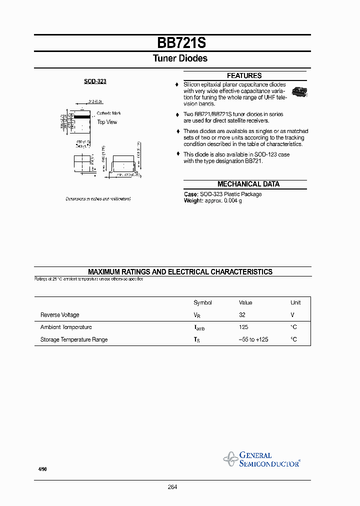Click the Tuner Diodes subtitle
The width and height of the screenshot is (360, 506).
pyautogui.click(x=180, y=58)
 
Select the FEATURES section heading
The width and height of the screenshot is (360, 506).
pyautogui.click(x=244, y=75)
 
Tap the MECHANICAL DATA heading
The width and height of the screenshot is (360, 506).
pyautogui.click(x=248, y=184)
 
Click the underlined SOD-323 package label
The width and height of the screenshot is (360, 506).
pyautogui.click(x=95, y=81)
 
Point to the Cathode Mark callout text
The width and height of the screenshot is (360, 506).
pyautogui.click(x=109, y=113)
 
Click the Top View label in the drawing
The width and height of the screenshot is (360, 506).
pyautogui.click(x=107, y=122)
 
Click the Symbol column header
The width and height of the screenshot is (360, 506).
pyautogui.click(x=202, y=302)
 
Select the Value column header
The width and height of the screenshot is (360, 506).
pyautogui.click(x=245, y=302)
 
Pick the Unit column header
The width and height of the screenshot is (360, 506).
pyautogui.click(x=295, y=302)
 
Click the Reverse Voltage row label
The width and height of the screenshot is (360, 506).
pyautogui.click(x=59, y=315)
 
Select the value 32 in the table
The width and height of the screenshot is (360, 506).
pyautogui.click(x=242, y=315)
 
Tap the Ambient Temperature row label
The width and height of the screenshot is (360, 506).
pyautogui.click(x=66, y=327)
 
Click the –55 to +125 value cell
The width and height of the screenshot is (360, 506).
pyautogui.click(x=253, y=339)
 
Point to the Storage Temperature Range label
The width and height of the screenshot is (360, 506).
pyautogui.click(x=74, y=339)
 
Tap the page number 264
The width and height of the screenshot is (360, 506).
pyautogui.click(x=172, y=487)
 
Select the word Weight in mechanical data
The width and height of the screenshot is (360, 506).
pyautogui.click(x=193, y=200)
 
